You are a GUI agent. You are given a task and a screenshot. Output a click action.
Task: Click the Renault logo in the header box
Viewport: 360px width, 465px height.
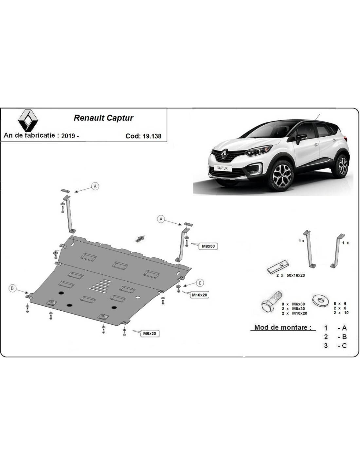[28, 120]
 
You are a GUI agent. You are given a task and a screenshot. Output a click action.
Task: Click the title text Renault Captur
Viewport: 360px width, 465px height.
[103, 118]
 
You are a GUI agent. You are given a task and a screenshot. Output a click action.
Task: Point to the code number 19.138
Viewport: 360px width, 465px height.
[152, 136]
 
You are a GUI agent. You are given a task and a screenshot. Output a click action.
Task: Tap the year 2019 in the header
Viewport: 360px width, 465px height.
[68, 136]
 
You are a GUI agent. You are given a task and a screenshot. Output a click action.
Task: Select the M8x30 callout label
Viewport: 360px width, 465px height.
[208, 246]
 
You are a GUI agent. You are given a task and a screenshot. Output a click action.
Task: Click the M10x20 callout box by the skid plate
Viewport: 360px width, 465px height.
[199, 295]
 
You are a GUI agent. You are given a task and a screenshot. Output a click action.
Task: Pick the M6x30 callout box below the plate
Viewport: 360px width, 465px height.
[150, 334]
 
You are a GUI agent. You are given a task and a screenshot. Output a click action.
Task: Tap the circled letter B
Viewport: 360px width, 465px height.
[12, 288]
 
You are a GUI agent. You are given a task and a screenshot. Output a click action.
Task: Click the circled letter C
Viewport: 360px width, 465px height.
[200, 283]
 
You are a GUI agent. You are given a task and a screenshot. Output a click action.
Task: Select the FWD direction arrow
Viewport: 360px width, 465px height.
[140, 239]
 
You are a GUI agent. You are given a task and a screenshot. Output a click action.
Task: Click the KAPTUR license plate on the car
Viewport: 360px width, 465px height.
[222, 168]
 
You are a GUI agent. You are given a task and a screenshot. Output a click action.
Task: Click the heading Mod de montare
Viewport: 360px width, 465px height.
[283, 327]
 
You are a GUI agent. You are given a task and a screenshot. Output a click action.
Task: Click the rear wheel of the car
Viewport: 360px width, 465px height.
[343, 166]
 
